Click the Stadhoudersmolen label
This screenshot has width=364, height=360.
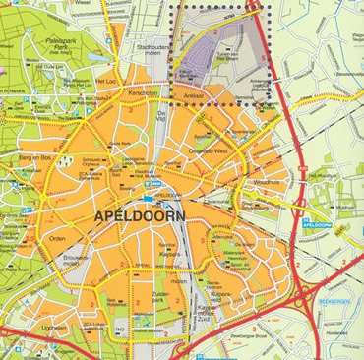[x=155, y=49]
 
